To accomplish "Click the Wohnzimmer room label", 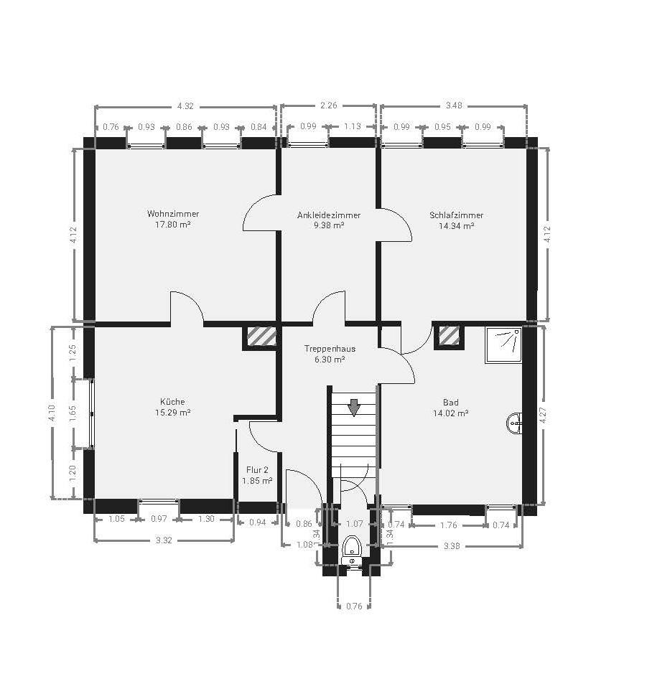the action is (173, 214).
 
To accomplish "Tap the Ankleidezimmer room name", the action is (329, 215).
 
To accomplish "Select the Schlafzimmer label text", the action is (456, 215).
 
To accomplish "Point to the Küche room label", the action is (173, 401).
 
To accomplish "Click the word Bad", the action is (451, 403).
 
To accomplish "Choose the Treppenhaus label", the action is (330, 349).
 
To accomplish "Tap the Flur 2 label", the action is (257, 470).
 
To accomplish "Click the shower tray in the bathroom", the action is (503, 345).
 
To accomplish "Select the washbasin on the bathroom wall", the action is (514, 423).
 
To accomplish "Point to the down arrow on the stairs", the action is (353, 408).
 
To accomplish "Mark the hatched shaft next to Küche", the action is (261, 337).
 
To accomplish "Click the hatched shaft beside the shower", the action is (449, 335).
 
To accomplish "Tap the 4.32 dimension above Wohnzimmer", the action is (185, 106).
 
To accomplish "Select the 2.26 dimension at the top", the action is (329, 105).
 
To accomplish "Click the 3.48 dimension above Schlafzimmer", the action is (454, 105).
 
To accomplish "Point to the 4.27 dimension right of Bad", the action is (544, 415).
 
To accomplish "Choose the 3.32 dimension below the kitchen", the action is (164, 540).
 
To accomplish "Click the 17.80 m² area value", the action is (173, 225).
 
